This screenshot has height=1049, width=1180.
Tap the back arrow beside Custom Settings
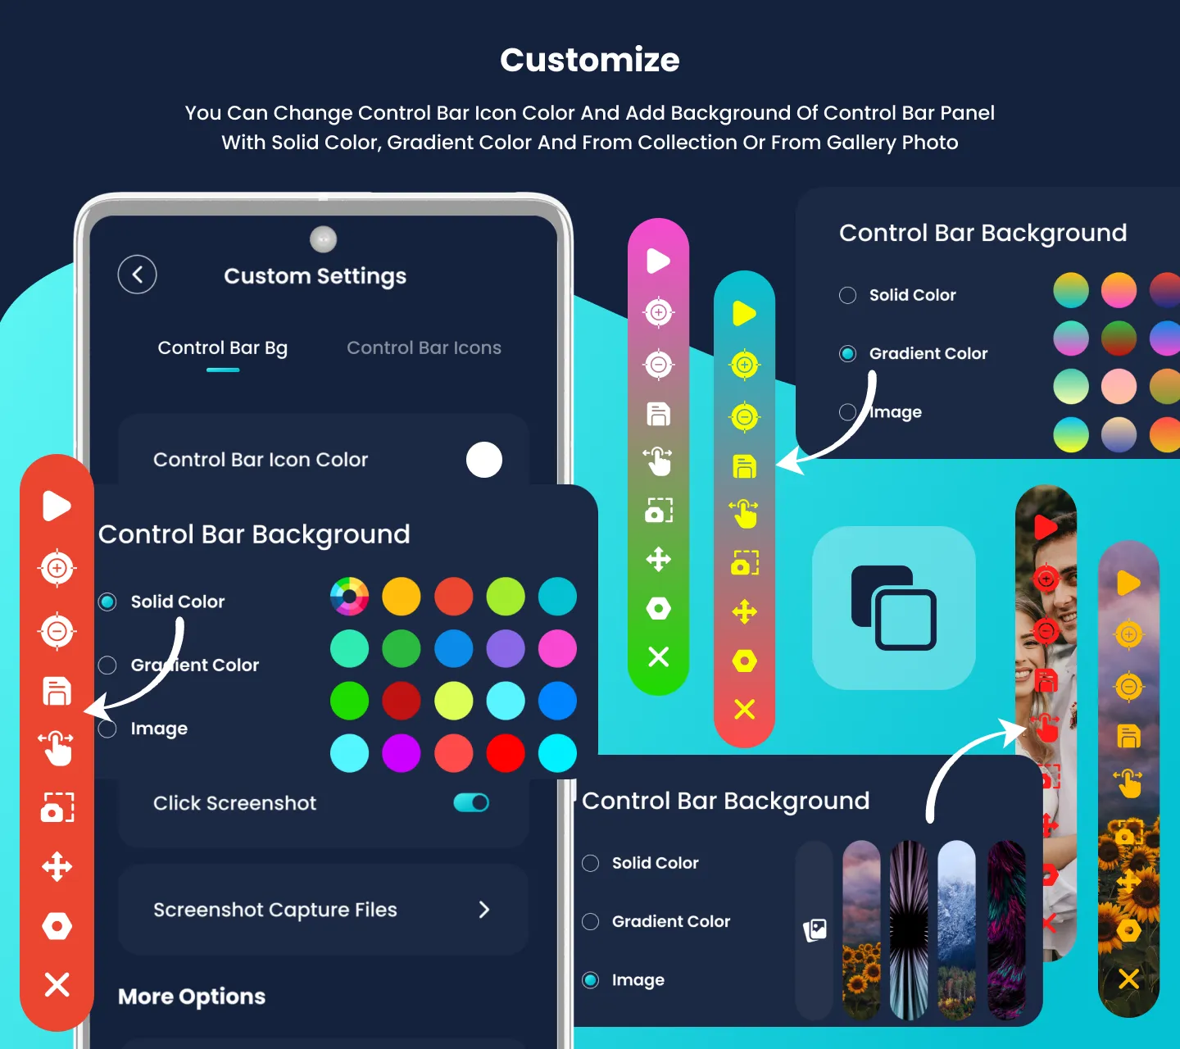[x=137, y=275]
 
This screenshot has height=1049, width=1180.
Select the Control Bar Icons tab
[x=424, y=348]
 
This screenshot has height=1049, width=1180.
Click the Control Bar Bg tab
[x=223, y=348]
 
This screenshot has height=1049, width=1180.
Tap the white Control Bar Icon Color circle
[x=484, y=460]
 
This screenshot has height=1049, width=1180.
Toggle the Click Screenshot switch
[x=471, y=802]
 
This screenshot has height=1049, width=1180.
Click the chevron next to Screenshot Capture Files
[x=484, y=910]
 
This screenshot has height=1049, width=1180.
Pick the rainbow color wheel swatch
[x=349, y=597]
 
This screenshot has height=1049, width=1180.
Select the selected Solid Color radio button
[x=107, y=602]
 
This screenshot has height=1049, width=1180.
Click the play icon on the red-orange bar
[x=57, y=506]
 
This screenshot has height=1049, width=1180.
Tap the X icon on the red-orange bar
[x=57, y=983]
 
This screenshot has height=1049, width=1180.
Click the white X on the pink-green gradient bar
[x=659, y=656]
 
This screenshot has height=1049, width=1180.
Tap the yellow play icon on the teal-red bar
[x=744, y=313]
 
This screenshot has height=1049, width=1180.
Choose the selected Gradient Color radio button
[x=848, y=353]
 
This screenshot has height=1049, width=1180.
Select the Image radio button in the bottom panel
[x=591, y=980]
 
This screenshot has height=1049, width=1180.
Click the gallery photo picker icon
[x=815, y=929]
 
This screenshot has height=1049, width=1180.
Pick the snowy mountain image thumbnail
[x=956, y=929]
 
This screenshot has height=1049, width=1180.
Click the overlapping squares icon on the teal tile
[x=894, y=607]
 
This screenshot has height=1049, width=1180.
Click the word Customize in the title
[x=590, y=60]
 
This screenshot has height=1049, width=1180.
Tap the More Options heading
[x=192, y=997]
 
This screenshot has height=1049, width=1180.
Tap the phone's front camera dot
[x=324, y=239]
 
